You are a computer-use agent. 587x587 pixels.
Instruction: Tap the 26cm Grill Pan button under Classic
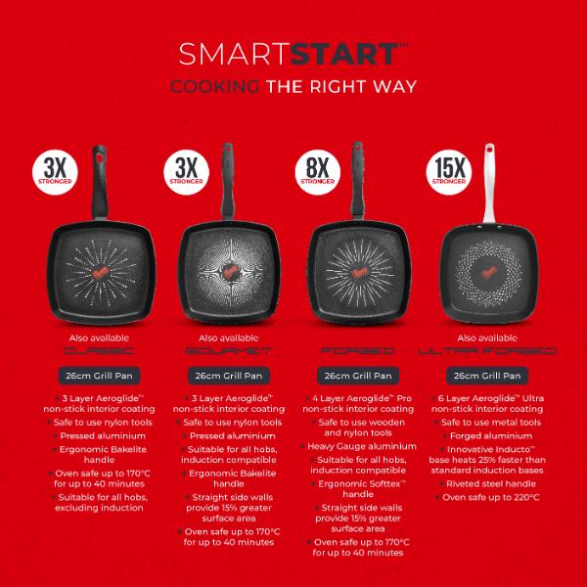[96, 375]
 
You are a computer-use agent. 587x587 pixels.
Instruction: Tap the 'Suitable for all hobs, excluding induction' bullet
[97, 504]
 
